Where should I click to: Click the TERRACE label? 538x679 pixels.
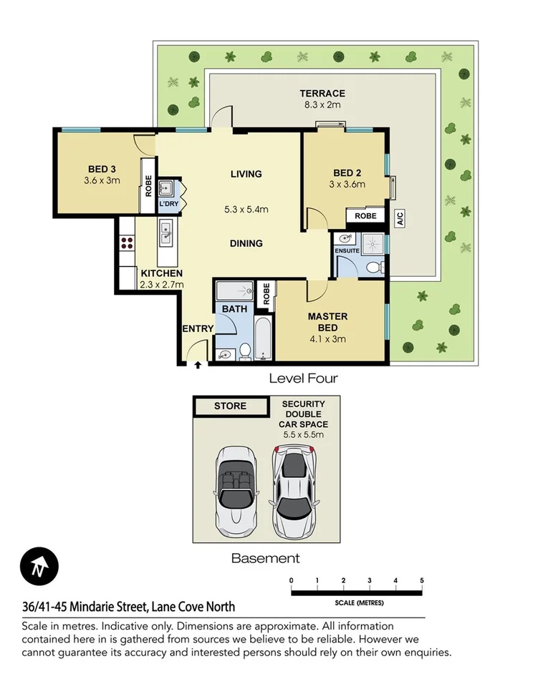[322, 93]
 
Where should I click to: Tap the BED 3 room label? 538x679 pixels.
[102, 169]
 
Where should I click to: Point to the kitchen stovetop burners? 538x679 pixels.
[128, 242]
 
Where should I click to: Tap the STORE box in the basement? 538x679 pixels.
[230, 406]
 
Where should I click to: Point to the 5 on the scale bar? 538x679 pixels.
[422, 580]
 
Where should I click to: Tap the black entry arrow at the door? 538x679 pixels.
[198, 365]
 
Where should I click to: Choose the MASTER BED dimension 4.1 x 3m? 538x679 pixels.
[327, 338]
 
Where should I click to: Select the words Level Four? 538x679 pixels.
[303, 378]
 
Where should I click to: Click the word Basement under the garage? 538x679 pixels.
[265, 558]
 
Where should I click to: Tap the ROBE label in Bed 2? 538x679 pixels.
[365, 215]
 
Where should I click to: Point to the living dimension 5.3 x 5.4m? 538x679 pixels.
[246, 210]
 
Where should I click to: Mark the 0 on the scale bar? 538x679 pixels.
[292, 580]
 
